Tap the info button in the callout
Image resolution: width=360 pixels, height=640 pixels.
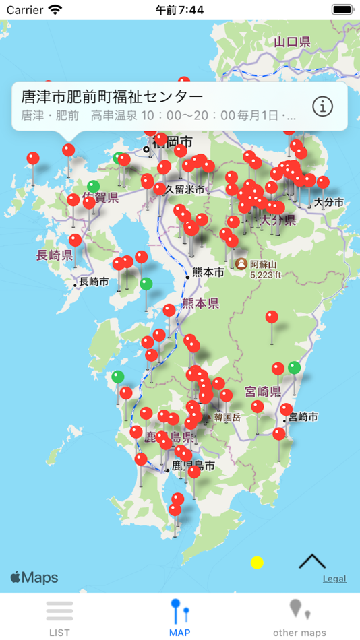point(323,106)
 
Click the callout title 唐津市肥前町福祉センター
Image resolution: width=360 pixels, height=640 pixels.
point(112,96)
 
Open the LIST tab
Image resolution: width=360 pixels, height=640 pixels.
point(59,616)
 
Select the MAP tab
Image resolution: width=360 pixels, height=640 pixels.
point(179,616)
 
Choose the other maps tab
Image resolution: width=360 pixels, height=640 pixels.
point(299,616)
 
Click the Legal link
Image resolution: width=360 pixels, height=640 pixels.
point(334,579)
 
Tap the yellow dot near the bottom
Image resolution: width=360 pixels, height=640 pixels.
point(257,563)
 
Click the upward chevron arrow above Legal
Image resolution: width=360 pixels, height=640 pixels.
point(312,561)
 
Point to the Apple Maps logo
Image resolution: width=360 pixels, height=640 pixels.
point(34,578)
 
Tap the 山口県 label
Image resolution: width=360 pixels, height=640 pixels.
point(292,42)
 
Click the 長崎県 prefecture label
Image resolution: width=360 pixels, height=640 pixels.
point(54,255)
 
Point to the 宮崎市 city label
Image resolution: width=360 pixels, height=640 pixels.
point(303,418)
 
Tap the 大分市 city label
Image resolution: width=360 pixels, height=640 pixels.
point(328,202)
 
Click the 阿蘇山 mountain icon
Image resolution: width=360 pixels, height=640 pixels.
point(241,263)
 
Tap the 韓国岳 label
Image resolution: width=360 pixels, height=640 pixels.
point(227,417)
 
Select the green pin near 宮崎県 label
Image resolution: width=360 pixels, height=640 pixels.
point(294,368)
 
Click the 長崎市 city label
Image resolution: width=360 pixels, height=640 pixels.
point(94,282)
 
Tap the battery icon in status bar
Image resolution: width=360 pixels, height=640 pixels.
point(342,10)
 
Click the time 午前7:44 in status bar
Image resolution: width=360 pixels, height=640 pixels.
point(179,10)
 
